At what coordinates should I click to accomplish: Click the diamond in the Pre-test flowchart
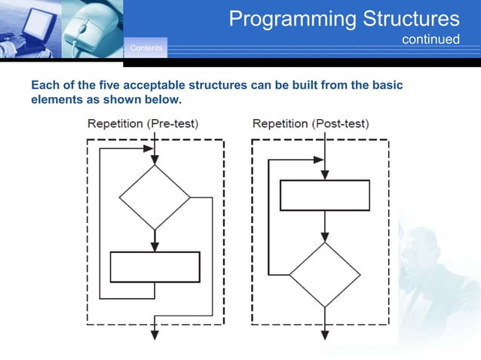click(155, 197)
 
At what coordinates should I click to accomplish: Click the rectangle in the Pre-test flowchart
click(155, 267)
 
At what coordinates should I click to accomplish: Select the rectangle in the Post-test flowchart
click(324, 195)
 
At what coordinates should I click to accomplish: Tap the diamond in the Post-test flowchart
click(325, 274)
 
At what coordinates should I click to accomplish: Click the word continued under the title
click(430, 38)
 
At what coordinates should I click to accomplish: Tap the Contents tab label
click(146, 49)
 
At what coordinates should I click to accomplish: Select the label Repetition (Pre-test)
click(143, 124)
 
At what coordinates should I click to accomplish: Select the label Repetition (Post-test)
click(311, 124)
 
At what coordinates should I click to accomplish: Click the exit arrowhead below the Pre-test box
click(155, 334)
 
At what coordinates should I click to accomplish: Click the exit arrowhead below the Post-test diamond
click(325, 334)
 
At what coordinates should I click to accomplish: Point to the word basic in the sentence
click(388, 86)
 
